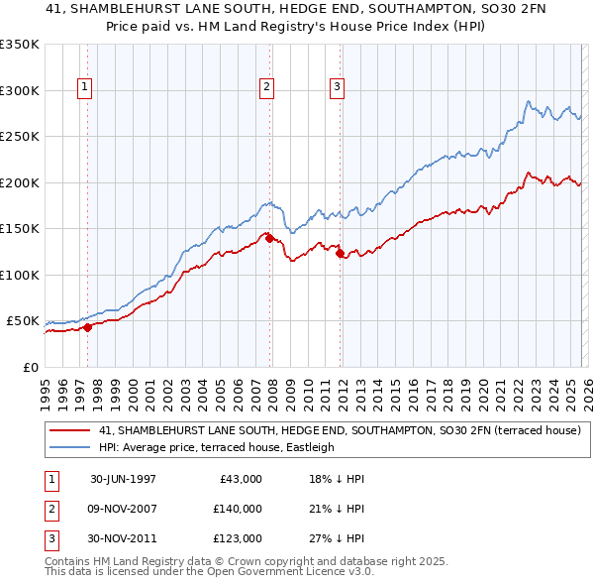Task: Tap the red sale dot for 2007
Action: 269,238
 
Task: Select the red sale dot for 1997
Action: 87,327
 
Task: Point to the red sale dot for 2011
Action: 340,254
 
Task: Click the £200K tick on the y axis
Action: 20,182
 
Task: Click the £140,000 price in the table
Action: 238,509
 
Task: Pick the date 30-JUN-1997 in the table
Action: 123,479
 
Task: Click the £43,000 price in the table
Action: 241,479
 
